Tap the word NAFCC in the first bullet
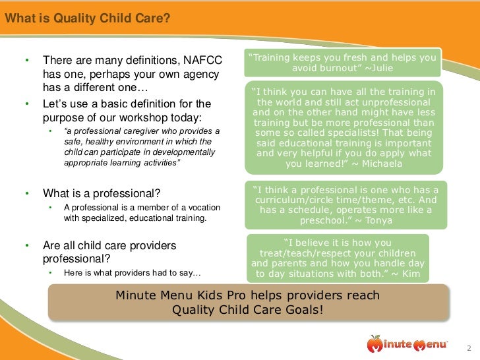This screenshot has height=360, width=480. (200, 60)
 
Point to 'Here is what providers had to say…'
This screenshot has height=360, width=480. (132, 272)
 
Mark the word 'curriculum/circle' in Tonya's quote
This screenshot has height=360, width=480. (297, 199)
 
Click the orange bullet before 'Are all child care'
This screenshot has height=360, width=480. (27, 245)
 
